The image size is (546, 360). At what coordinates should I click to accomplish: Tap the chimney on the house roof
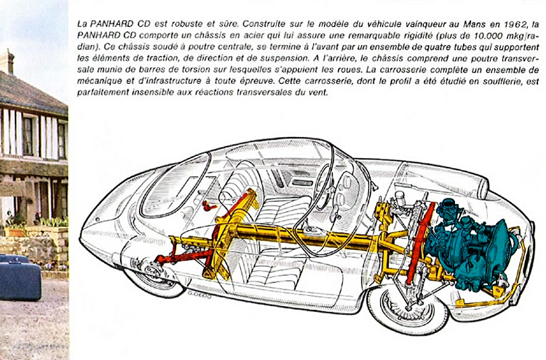[x=7, y=61]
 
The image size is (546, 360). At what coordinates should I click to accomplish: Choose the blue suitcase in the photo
[x=20, y=280]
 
